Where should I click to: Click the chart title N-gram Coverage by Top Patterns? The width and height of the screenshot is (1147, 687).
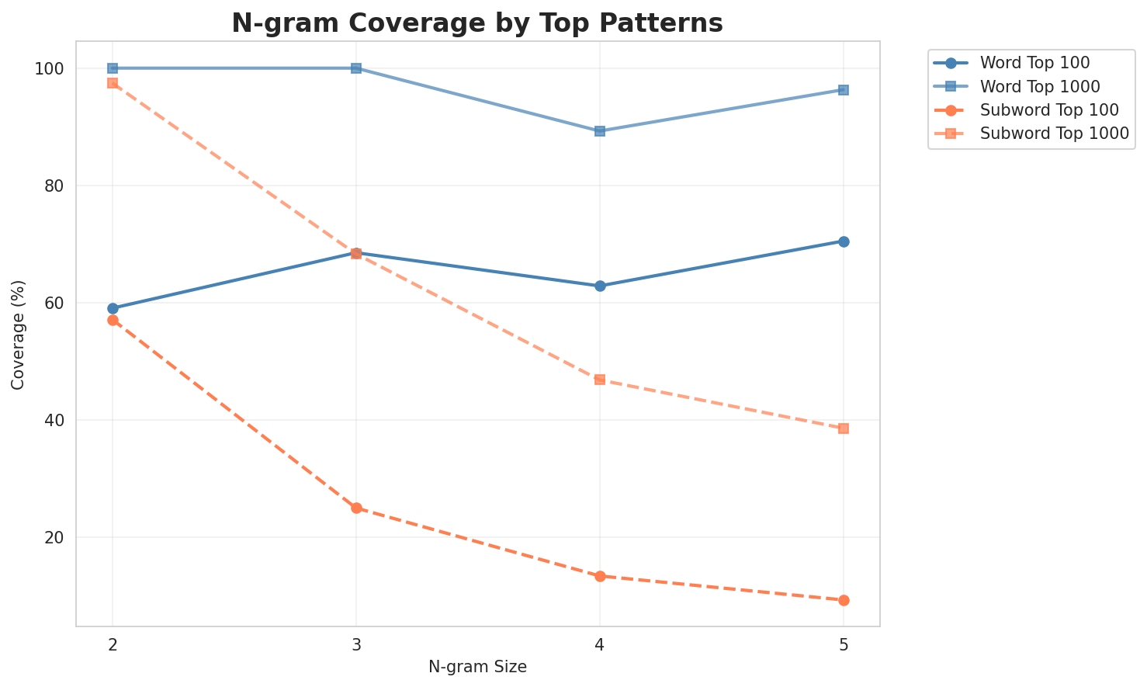point(477,23)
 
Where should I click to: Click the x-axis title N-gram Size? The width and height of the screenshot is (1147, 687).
point(477,667)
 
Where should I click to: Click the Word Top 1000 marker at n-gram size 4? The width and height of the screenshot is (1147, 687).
point(600,131)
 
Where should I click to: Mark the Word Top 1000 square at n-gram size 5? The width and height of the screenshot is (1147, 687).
point(844,90)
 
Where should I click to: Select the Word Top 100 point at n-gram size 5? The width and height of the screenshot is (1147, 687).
point(844,241)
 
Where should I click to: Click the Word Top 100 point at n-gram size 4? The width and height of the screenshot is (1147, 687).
point(600,286)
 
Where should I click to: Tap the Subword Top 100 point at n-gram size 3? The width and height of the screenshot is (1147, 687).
point(356,508)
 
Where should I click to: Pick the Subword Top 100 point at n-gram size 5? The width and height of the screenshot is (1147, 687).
point(844,600)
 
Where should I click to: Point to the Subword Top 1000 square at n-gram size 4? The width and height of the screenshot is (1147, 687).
point(600,380)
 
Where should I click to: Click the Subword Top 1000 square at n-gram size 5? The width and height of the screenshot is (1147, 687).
point(844,429)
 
